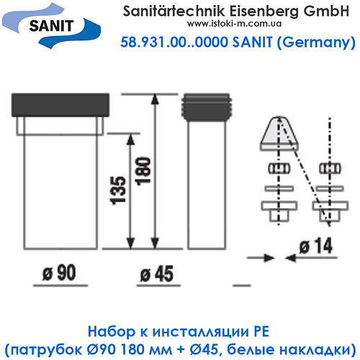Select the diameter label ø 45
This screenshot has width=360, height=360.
[x=156, y=274]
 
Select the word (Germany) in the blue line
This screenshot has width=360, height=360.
[x=318, y=45]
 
